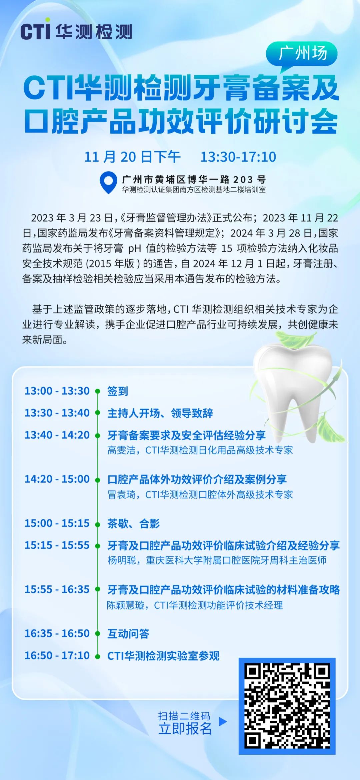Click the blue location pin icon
(x=108, y=183)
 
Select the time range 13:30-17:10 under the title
(x=238, y=157)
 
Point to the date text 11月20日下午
(x=132, y=157)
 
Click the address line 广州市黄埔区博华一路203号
(x=194, y=180)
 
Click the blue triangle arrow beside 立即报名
(x=223, y=721)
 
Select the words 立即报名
(x=185, y=729)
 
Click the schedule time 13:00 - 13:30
(x=57, y=391)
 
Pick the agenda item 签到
(x=118, y=391)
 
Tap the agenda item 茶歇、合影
(x=133, y=523)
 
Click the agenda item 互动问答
(x=128, y=633)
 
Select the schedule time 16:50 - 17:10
(x=57, y=655)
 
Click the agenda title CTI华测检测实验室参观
(x=163, y=656)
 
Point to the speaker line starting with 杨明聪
(x=217, y=560)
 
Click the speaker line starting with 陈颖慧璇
(x=195, y=605)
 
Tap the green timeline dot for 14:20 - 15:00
(x=98, y=480)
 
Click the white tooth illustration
(x=297, y=390)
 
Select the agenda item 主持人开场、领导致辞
(x=160, y=413)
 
